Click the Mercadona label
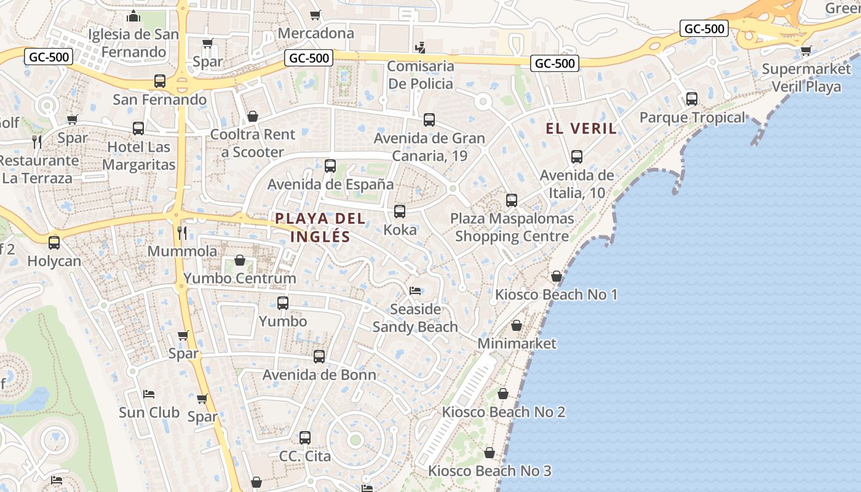316,33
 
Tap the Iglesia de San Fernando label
133,42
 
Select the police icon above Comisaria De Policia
421,47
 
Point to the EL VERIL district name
581,129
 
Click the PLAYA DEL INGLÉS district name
320,227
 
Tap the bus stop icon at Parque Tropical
692,98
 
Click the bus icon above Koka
400,212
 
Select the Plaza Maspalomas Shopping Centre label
512,227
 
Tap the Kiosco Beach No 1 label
556,295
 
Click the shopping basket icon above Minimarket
517,325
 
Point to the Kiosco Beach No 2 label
503,412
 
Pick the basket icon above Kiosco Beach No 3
490,453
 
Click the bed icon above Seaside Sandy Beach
416,290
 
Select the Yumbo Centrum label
240,279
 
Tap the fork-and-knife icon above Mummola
181,232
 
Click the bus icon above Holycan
54,242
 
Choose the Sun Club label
149,412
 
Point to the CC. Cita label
305,456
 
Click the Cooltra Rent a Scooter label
253,143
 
